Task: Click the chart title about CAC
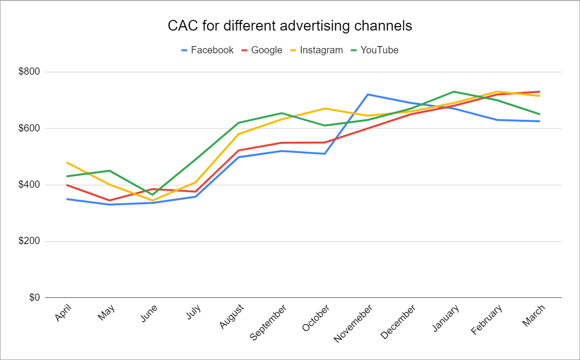click(x=290, y=26)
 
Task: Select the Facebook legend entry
click(x=207, y=50)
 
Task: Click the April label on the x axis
click(x=63, y=313)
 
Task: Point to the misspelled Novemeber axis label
click(x=353, y=323)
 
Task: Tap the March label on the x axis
click(x=533, y=315)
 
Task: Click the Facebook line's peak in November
click(x=367, y=94)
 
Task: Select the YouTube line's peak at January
click(x=453, y=92)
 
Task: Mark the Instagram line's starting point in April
click(x=66, y=162)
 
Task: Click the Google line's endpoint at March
click(x=540, y=92)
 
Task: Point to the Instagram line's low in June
click(x=152, y=200)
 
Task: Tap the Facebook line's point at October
click(x=324, y=154)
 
